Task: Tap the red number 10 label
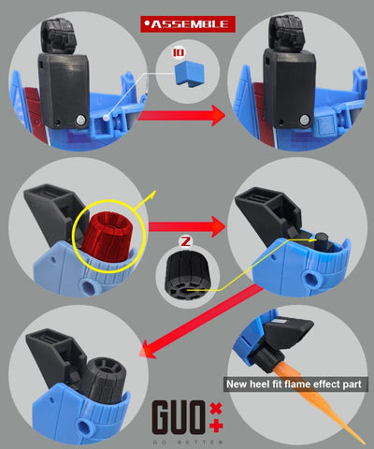pyautogui.click(x=180, y=53)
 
